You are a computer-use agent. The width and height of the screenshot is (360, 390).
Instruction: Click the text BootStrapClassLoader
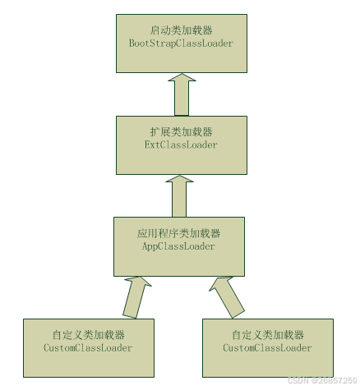coord(181,44)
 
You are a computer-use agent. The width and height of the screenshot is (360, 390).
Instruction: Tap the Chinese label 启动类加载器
coord(181,30)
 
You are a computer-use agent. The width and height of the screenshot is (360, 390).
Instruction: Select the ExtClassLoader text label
coord(181,145)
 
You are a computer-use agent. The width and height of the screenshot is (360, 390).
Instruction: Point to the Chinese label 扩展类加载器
coord(181,132)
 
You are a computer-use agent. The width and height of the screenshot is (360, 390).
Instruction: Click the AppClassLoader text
coord(178,246)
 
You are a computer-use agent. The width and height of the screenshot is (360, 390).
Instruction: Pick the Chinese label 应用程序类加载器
coord(178,233)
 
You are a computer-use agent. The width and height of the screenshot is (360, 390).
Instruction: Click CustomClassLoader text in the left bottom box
coord(88,348)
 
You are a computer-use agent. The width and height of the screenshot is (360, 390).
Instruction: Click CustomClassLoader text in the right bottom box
coord(267,348)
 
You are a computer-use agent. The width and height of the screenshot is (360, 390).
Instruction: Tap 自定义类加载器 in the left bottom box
coord(89,335)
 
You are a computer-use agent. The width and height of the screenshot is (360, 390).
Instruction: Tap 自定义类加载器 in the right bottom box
coord(268,335)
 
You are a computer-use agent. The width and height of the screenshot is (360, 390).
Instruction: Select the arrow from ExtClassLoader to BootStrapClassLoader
coord(182,94)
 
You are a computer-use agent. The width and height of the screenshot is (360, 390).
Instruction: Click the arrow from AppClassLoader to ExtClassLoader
coord(179,196)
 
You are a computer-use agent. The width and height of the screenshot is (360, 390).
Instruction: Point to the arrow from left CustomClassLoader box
coord(136,297)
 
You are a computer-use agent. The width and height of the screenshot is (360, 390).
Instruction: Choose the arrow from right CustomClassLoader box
coord(227,298)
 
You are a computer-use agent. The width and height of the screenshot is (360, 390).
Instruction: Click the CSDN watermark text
coord(322,380)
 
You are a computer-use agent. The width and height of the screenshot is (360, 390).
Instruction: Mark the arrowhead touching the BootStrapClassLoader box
coord(182,77)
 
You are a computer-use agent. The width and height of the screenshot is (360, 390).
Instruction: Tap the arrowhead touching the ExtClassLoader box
coord(179,179)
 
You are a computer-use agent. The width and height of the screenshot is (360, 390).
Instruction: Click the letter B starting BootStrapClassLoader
coord(132,44)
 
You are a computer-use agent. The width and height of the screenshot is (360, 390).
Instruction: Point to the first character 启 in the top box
coord(155,30)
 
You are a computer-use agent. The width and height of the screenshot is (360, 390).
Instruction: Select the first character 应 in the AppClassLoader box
coord(142,233)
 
